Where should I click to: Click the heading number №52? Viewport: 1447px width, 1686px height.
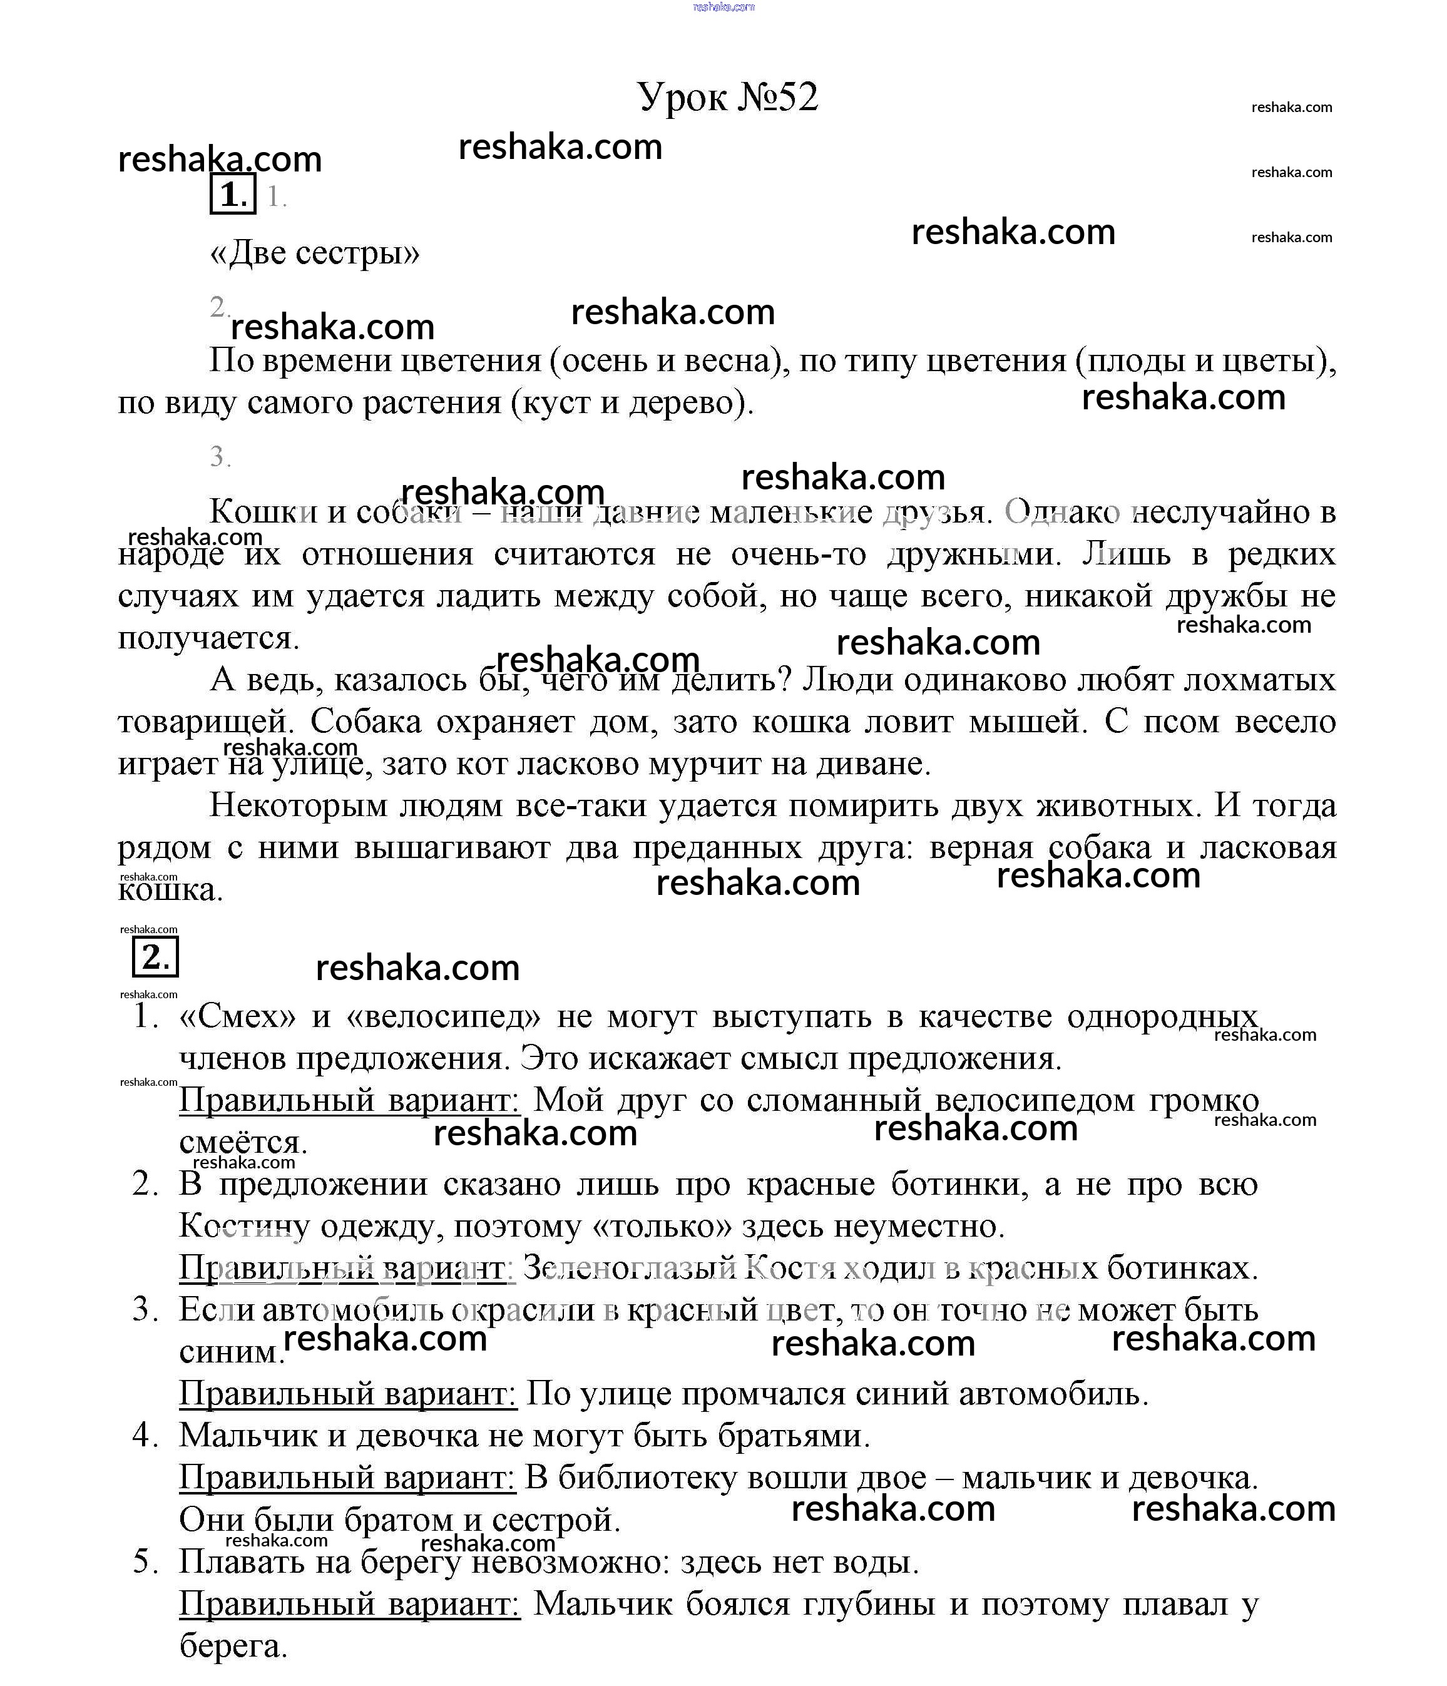pos(777,98)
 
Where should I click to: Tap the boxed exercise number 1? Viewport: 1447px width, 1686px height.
pos(233,195)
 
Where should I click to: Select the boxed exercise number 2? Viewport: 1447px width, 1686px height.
pos(155,958)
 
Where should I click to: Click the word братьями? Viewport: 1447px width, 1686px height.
pos(794,1436)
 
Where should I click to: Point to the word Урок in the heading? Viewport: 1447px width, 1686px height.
pos(683,98)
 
